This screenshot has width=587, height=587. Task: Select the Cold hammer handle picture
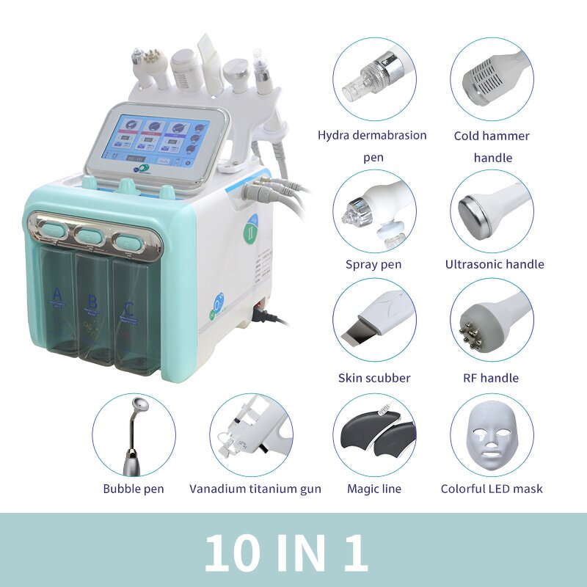492,79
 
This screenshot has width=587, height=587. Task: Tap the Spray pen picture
374,211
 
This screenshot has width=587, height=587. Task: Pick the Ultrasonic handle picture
492,211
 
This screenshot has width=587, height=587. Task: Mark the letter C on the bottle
129,307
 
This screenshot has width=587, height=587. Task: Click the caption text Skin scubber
374,379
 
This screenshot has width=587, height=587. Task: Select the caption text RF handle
492,379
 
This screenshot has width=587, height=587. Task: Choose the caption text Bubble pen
134,489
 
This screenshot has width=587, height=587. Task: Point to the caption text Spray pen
373,264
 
